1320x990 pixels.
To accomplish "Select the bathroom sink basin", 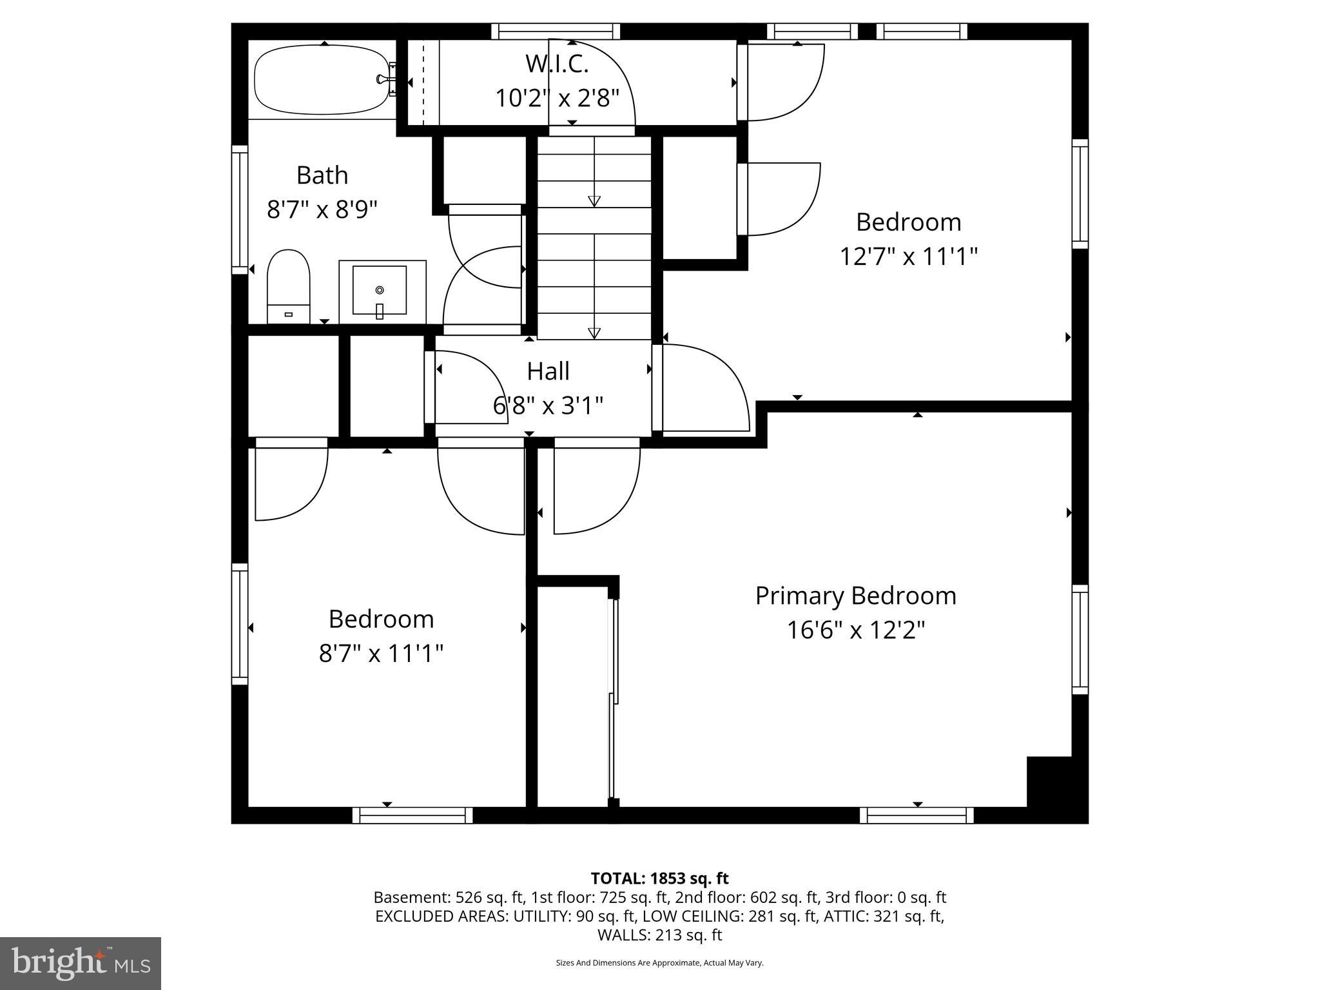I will [380, 289].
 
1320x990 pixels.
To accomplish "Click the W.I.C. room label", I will [557, 64].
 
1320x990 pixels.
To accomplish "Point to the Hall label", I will [548, 371].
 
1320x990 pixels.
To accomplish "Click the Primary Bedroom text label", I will [855, 596].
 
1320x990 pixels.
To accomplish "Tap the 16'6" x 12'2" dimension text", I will [855, 630].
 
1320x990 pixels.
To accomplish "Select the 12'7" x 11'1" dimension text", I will [908, 257].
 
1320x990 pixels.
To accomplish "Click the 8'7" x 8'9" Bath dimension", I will [322, 209].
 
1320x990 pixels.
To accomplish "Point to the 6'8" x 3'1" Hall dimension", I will [548, 406].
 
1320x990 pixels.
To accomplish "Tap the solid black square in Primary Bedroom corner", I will [1049, 781].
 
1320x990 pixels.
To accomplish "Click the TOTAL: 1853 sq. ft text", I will [659, 878].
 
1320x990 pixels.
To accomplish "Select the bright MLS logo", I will [81, 963].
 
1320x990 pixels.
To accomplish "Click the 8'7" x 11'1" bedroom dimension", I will [381, 654].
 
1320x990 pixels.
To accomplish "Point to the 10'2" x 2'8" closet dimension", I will [557, 99].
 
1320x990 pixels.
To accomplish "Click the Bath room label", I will [322, 175].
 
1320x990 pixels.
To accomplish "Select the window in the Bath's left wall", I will [240, 209].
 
